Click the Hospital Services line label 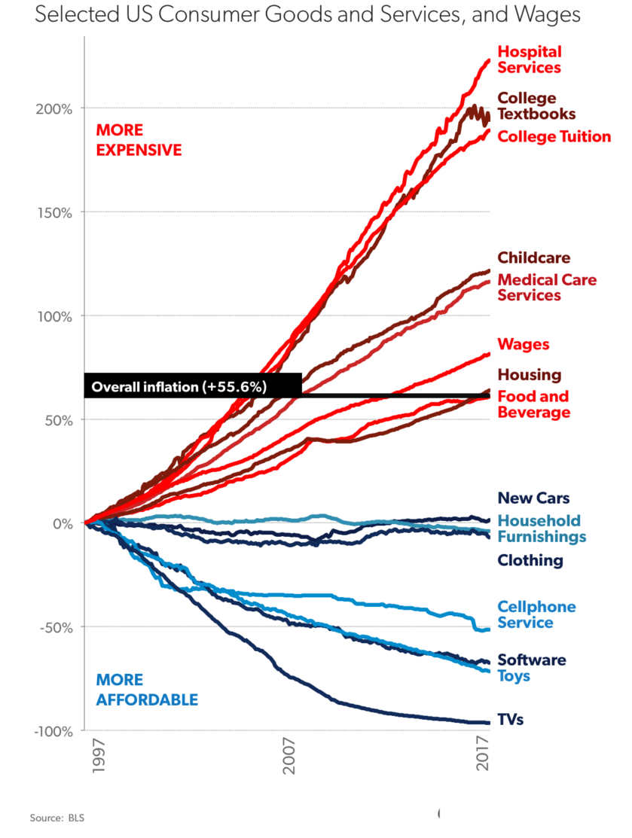[x=530, y=59]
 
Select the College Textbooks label [x=536, y=106]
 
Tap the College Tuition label [x=554, y=136]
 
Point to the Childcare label [x=534, y=258]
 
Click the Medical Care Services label [x=547, y=288]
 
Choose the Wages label [x=524, y=345]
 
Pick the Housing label [x=529, y=375]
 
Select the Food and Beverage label [x=533, y=404]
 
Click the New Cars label [x=533, y=498]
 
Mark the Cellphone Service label [x=536, y=614]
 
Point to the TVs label [x=510, y=720]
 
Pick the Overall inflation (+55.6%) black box [x=193, y=386]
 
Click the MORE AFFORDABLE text [x=147, y=690]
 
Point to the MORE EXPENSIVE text [x=139, y=140]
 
